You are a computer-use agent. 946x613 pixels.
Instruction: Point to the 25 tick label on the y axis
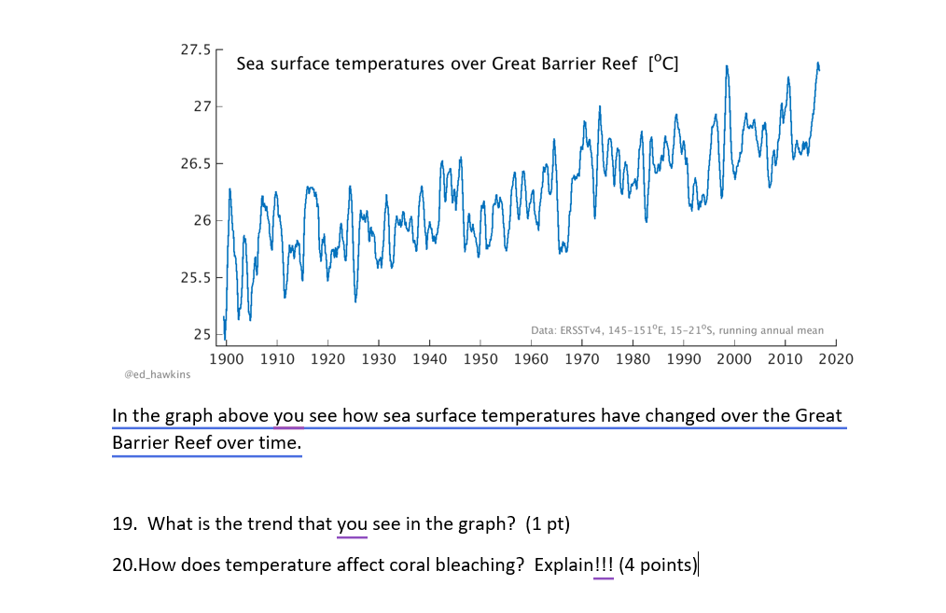[x=202, y=335]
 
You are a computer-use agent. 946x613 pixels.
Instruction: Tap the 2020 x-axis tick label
[x=835, y=358]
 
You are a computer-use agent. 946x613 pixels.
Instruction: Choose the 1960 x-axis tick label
[x=531, y=358]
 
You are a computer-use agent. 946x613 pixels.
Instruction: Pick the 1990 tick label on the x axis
[x=683, y=358]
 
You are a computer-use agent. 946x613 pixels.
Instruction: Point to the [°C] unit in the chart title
[x=662, y=64]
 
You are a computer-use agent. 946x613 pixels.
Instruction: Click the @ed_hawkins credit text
[x=157, y=374]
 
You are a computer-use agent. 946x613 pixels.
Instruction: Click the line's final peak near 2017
[x=818, y=64]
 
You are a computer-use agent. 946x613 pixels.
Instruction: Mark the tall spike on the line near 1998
[x=726, y=67]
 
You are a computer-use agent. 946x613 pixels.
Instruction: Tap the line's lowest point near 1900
[x=225, y=338]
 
